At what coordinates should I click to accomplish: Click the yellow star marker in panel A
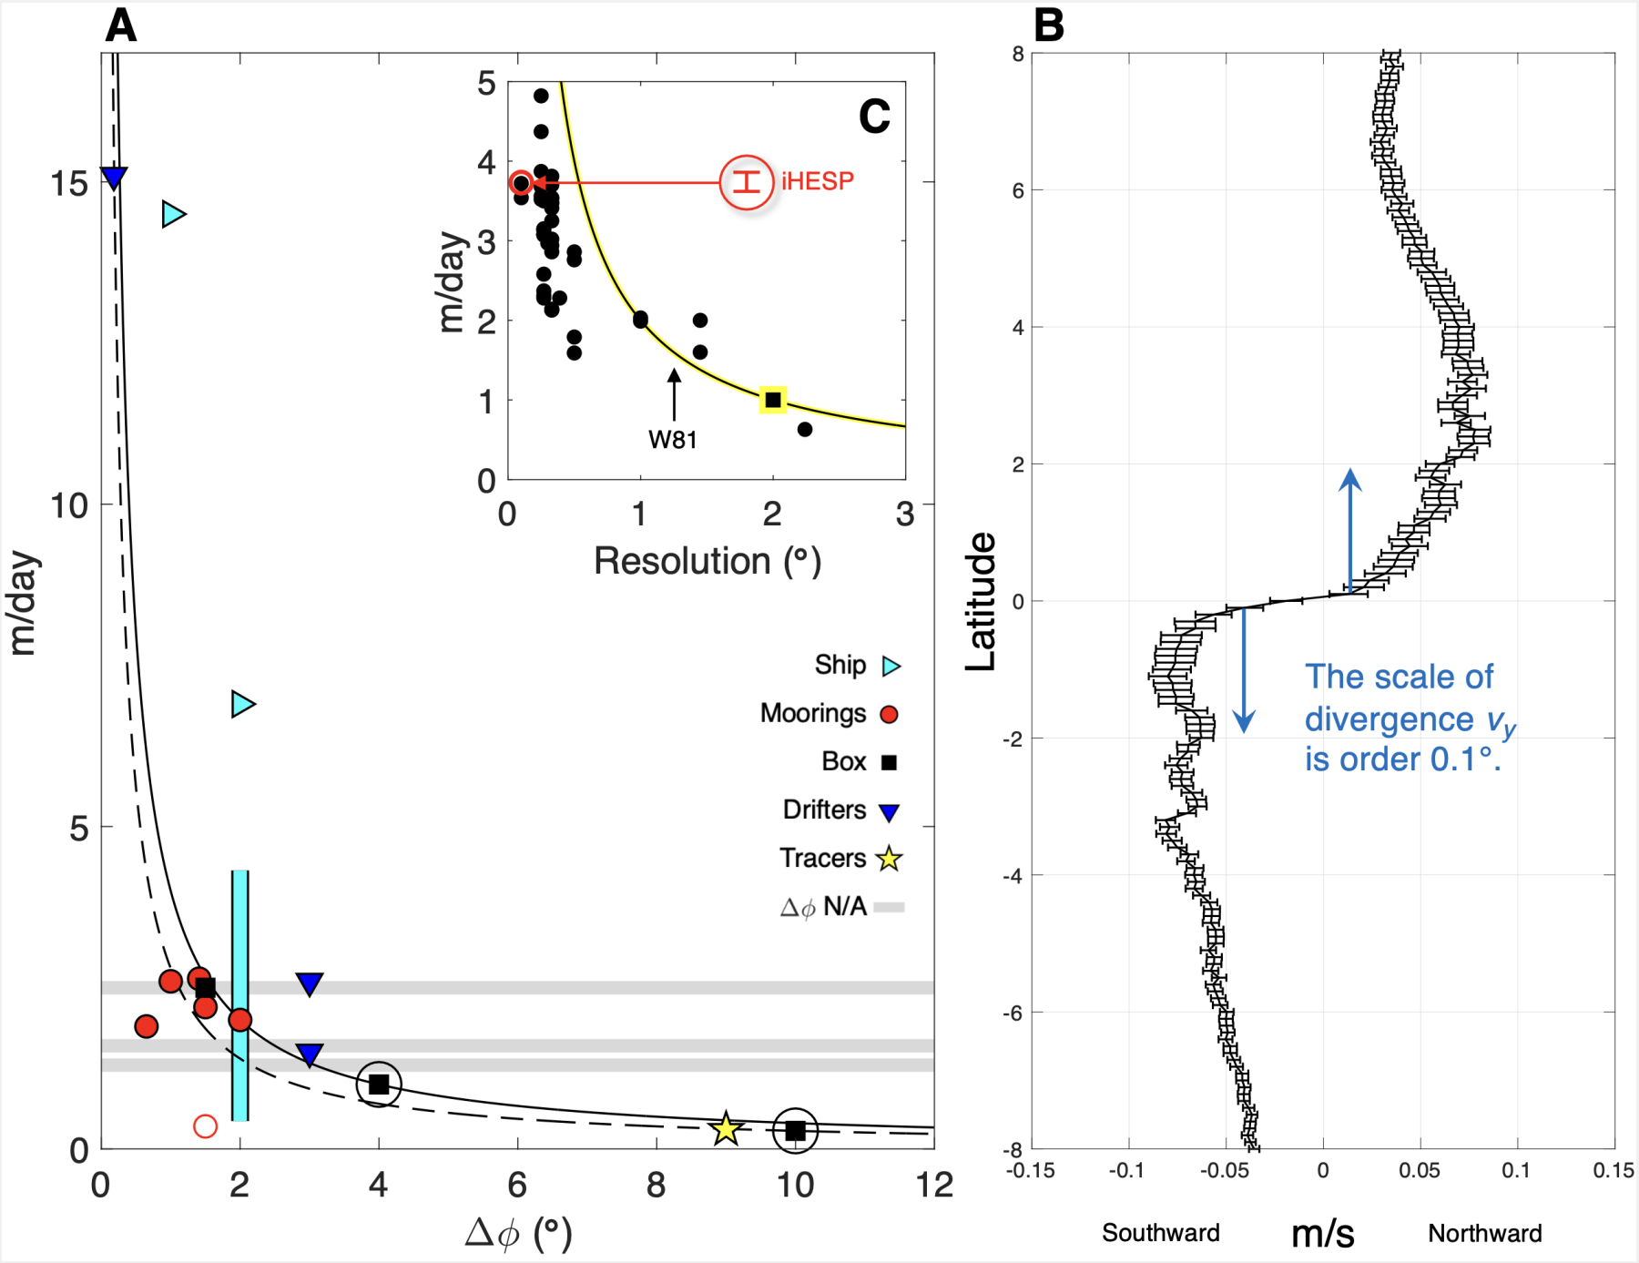click(x=726, y=1129)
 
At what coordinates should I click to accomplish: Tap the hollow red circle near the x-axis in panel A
click(x=206, y=1126)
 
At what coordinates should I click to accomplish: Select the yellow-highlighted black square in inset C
click(x=773, y=400)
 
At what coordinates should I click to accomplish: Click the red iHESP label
click(x=818, y=181)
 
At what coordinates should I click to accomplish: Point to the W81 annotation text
click(x=673, y=440)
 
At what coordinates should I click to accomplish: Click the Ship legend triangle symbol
click(x=891, y=666)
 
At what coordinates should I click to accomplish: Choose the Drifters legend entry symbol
click(x=890, y=811)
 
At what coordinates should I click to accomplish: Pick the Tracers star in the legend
click(x=889, y=859)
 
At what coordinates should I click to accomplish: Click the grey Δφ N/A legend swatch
click(x=889, y=907)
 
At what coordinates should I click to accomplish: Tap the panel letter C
click(x=874, y=117)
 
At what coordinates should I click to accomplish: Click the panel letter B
click(x=1049, y=25)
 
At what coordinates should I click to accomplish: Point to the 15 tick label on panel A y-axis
click(x=69, y=184)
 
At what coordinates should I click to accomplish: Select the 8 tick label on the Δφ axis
click(x=657, y=1186)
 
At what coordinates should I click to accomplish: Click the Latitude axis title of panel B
click(x=981, y=602)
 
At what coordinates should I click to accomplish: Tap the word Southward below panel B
click(x=1160, y=1233)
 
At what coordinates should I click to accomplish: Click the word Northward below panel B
click(x=1484, y=1233)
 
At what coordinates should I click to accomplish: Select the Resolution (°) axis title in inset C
click(x=708, y=562)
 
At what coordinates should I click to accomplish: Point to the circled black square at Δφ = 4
click(x=379, y=1085)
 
